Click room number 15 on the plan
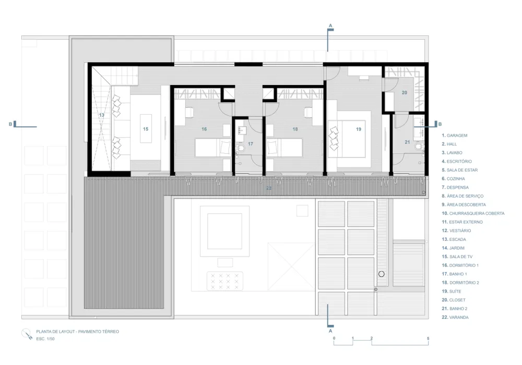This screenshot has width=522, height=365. pyautogui.click(x=146, y=128)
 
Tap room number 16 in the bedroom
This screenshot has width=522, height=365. pyautogui.click(x=204, y=129)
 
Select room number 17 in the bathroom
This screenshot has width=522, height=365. pyautogui.click(x=251, y=143)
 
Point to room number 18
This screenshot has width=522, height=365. pyautogui.click(x=295, y=129)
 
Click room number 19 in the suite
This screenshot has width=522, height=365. pyautogui.click(x=359, y=129)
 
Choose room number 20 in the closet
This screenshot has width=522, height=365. pyautogui.click(x=404, y=92)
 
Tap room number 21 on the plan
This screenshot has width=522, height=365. pyautogui.click(x=407, y=142)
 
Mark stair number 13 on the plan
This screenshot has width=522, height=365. pyautogui.click(x=101, y=115)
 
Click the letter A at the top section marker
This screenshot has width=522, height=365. pyautogui.click(x=330, y=25)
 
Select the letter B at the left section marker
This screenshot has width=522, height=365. pyautogui.click(x=10, y=124)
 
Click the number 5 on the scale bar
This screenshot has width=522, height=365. pyautogui.click(x=428, y=339)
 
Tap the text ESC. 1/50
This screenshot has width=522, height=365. pyautogui.click(x=45, y=339)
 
